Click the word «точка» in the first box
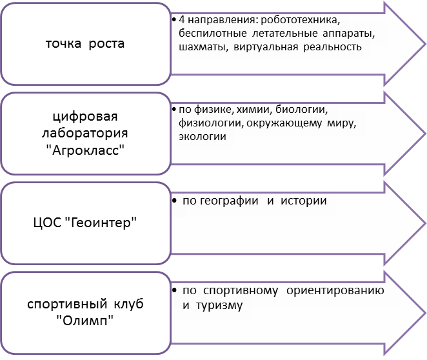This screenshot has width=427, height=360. click(x=63, y=44)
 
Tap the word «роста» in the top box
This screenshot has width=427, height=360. click(x=106, y=44)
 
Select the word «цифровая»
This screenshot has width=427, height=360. click(x=85, y=117)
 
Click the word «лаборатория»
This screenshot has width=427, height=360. click(x=85, y=134)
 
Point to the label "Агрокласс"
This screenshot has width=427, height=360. click(x=85, y=150)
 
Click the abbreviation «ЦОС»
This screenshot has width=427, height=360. click(x=47, y=223)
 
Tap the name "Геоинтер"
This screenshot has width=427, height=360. click(x=101, y=223)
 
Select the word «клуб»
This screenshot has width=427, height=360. click(x=128, y=304)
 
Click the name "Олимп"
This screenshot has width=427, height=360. click(x=85, y=321)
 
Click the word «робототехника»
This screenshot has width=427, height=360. click(x=301, y=20)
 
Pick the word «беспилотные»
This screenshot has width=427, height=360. click(x=213, y=34)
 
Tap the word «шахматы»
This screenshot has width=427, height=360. click(x=203, y=47)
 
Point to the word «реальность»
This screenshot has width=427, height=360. click(x=332, y=47)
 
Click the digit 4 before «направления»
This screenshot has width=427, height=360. click(x=182, y=20)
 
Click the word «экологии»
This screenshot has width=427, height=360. click(x=203, y=137)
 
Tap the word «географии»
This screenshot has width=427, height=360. click(x=229, y=201)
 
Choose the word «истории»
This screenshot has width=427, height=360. click(x=303, y=201)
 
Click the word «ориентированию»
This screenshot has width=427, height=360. click(x=335, y=291)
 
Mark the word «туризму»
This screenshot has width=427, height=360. click(x=219, y=306)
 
